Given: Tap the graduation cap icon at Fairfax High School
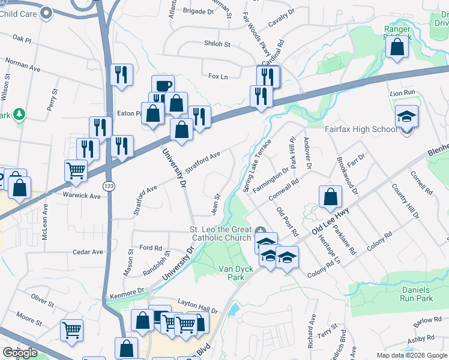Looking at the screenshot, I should [x=407, y=116].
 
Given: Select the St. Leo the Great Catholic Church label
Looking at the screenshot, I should [x=221, y=234].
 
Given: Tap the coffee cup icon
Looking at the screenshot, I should [x=162, y=86].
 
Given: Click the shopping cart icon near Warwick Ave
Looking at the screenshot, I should [x=76, y=170].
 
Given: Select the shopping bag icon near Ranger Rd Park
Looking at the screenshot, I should [x=397, y=46].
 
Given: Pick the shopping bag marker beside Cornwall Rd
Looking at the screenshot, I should [x=330, y=196].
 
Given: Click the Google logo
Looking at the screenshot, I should [x=20, y=353].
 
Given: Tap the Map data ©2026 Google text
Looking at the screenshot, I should [x=411, y=355].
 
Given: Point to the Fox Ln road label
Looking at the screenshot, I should [x=218, y=76].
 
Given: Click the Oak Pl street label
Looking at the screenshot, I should [x=21, y=38].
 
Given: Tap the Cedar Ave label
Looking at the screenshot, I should [x=85, y=252].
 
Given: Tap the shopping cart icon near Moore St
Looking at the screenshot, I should [x=71, y=329].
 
